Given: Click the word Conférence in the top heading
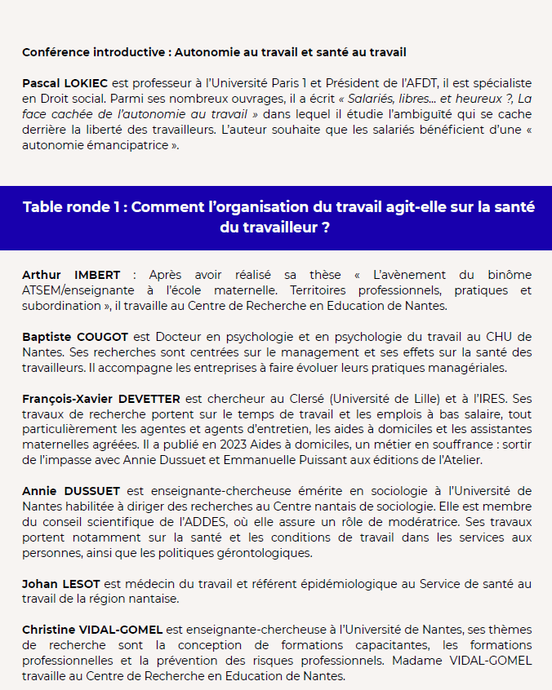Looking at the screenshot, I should point(52,53).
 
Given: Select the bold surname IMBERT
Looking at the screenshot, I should point(97,275).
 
